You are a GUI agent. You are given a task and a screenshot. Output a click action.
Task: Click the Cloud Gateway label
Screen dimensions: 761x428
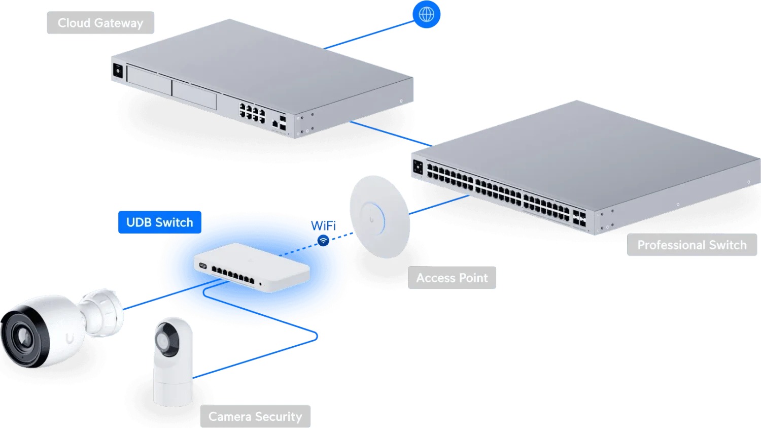[x=100, y=23]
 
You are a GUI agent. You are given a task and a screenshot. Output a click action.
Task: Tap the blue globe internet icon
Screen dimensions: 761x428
[x=426, y=14]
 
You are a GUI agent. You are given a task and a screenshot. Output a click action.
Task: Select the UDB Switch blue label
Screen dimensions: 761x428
[x=160, y=222]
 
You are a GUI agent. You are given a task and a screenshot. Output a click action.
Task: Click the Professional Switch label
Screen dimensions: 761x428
[x=691, y=245]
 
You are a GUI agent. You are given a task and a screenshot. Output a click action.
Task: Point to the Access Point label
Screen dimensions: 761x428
[x=452, y=278]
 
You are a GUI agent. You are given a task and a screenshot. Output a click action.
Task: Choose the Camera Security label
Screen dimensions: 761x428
[x=255, y=416]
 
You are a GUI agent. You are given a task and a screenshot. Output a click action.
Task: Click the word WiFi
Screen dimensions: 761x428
[x=323, y=226]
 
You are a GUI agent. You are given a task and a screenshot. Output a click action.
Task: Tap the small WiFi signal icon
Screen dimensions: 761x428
[x=323, y=241]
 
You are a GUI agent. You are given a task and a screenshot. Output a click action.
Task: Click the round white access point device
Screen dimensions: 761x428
[x=379, y=217]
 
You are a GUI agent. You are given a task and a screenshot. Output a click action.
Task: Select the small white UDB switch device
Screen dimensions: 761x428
[x=252, y=268]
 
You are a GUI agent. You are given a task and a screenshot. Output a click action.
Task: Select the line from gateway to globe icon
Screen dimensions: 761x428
[x=369, y=35]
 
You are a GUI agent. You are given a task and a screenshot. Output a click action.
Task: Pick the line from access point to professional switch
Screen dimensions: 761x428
[x=439, y=205]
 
